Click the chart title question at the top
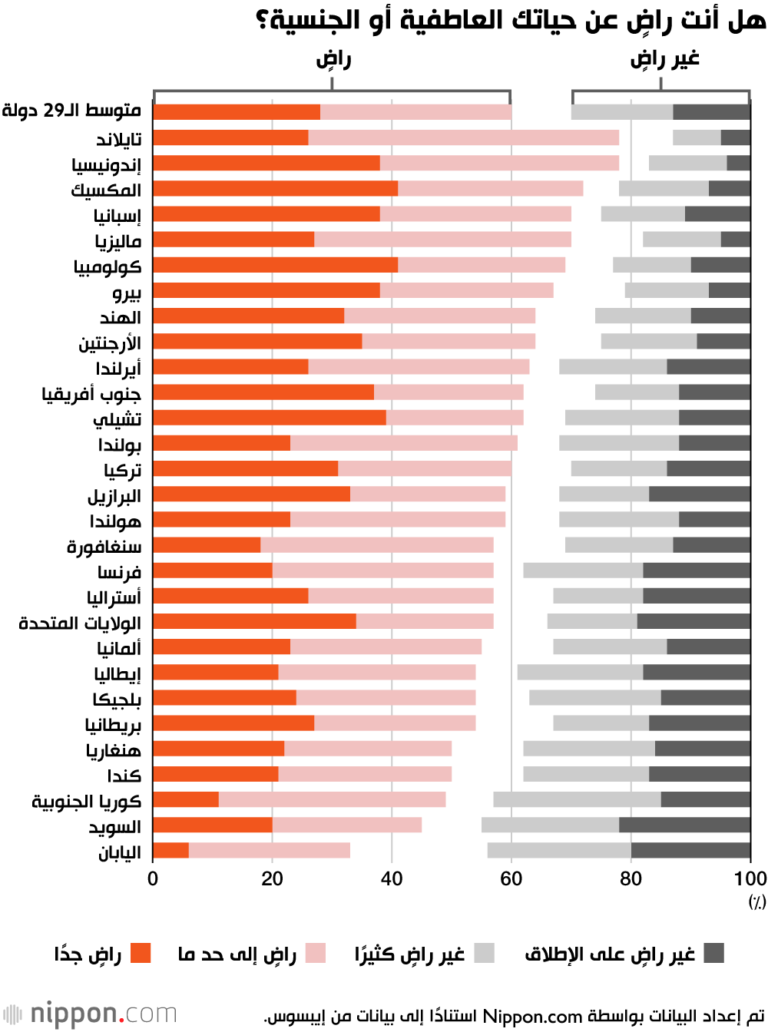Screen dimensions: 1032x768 click(510, 21)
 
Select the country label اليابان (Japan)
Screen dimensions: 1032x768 click(119, 852)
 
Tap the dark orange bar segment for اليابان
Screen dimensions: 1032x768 click(170, 850)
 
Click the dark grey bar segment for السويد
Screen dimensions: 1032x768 click(684, 825)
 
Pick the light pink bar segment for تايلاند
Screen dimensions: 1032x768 click(463, 137)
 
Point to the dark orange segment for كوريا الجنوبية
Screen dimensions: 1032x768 click(186, 799)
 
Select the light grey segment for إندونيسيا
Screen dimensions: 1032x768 click(687, 163)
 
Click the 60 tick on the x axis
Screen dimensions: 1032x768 click(511, 879)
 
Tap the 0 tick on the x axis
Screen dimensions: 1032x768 click(153, 879)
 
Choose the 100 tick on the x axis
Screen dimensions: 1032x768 click(750, 879)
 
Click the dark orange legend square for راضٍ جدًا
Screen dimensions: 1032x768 click(141, 954)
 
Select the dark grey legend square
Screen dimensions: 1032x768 click(714, 954)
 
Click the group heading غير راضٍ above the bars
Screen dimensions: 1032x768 click(664, 59)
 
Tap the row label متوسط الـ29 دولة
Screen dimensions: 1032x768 click(71, 111)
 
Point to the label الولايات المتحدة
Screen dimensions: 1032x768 click(80, 622)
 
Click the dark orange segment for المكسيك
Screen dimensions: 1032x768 click(275, 188)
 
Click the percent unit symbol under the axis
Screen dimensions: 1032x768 click(757, 902)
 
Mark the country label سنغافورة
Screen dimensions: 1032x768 click(104, 546)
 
